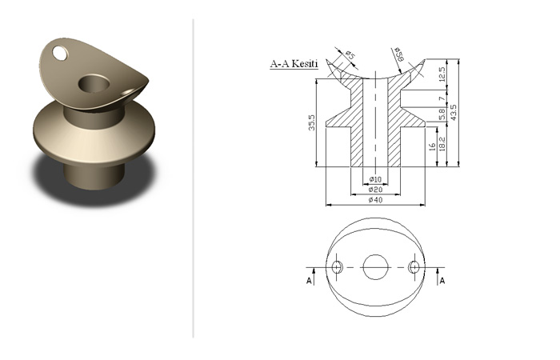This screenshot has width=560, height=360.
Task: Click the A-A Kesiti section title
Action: (294, 64)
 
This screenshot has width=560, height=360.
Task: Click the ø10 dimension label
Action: (375, 179)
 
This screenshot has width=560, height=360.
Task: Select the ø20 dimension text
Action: (375, 190)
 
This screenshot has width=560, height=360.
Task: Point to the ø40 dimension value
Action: (375, 200)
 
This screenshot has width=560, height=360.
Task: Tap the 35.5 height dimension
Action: (312, 122)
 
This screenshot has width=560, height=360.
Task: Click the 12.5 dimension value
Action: (442, 74)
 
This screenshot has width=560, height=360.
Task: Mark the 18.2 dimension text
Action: (442, 144)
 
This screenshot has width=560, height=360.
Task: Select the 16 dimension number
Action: (432, 146)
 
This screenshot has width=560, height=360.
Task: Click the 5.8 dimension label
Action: (442, 115)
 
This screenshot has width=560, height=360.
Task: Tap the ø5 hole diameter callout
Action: (350, 55)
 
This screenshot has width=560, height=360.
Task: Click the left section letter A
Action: (310, 281)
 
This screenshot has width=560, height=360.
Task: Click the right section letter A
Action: (442, 281)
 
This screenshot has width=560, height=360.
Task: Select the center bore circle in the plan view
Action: (375, 267)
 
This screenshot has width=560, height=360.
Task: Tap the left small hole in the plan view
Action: (337, 266)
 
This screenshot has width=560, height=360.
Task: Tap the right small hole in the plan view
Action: (414, 266)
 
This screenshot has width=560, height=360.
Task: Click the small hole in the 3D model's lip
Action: (60, 54)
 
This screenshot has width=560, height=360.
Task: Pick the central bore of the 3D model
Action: (94, 83)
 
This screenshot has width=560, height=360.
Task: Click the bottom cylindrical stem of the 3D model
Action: (94, 175)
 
